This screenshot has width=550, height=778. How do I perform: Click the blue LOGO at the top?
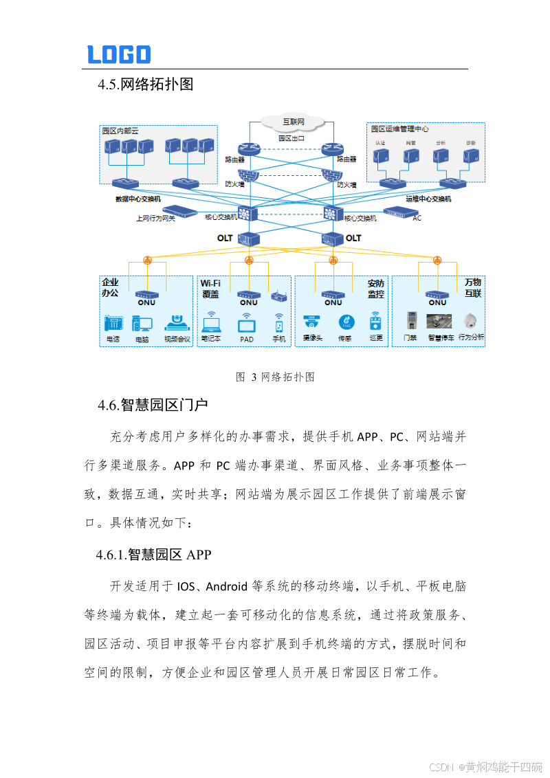[x=119, y=54]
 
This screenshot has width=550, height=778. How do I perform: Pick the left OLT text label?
[x=225, y=238]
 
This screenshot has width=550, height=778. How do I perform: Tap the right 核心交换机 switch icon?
[x=333, y=214]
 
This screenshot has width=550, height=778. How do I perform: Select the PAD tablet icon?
[x=247, y=323]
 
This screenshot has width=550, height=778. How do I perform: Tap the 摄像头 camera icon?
[x=313, y=322]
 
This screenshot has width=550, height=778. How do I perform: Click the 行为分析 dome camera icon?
[x=471, y=321]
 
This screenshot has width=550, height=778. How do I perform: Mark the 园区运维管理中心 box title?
[x=399, y=129]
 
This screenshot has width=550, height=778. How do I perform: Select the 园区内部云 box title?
[x=120, y=131]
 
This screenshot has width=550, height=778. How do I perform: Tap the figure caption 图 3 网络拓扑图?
[x=275, y=377]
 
